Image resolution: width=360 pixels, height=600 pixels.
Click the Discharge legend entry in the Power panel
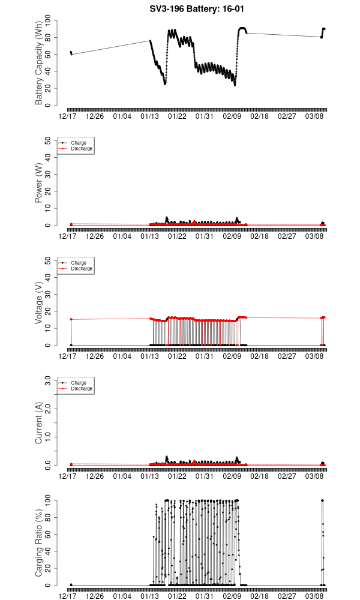(x=82, y=148)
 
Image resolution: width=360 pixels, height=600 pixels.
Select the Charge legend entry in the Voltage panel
(x=79, y=263)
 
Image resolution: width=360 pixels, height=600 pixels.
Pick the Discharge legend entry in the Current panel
(x=82, y=388)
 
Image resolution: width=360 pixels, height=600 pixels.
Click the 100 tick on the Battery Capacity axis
(x=49, y=20)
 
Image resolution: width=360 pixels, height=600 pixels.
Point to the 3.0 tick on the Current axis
(x=49, y=380)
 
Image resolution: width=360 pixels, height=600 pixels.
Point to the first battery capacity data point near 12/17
(x=71, y=52)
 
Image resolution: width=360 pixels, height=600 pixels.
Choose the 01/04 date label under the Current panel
(x=122, y=476)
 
